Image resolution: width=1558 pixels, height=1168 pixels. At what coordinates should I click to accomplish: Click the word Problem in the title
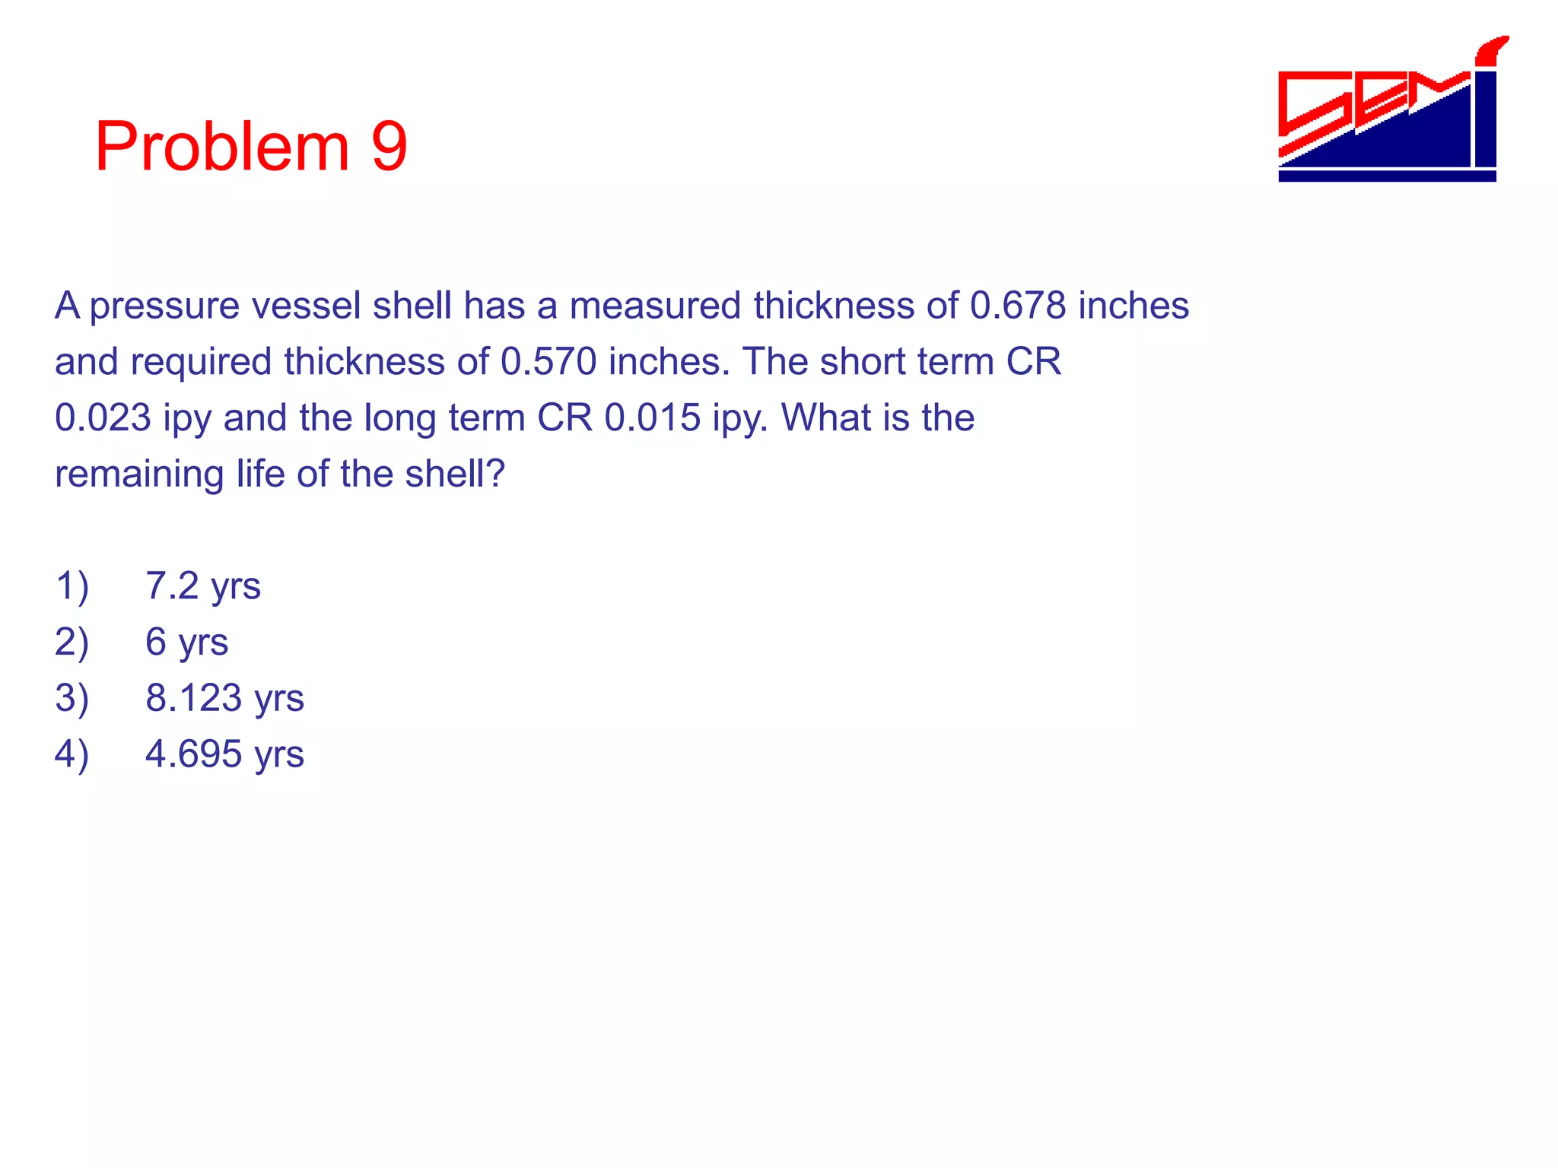pos(221,147)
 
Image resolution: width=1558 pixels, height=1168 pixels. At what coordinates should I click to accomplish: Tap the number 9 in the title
pos(389,147)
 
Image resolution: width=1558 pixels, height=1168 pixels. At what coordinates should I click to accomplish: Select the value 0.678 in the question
pos(1018,306)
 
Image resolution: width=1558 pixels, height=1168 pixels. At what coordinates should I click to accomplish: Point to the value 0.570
pos(548,362)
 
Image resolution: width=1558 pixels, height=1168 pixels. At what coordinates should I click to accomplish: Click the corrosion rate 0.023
pos(103,418)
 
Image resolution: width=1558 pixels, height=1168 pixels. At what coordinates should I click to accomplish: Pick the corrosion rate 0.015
pos(652,418)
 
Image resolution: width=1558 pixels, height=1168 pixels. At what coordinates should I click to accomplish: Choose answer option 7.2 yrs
pos(203,586)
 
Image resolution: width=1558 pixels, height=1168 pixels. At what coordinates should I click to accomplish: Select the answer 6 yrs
pos(186,643)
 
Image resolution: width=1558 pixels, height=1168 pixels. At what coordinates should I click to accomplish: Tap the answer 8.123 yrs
pos(224,698)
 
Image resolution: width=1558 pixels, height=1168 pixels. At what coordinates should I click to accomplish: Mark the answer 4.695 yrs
pos(224,754)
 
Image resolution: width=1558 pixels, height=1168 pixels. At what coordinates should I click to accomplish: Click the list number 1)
pos(72,586)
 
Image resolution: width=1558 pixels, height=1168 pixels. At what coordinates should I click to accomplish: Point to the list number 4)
pos(72,754)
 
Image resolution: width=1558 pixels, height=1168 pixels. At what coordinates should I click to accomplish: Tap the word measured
pos(655,306)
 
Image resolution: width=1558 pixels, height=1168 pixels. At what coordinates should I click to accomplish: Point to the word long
pos(400,418)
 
